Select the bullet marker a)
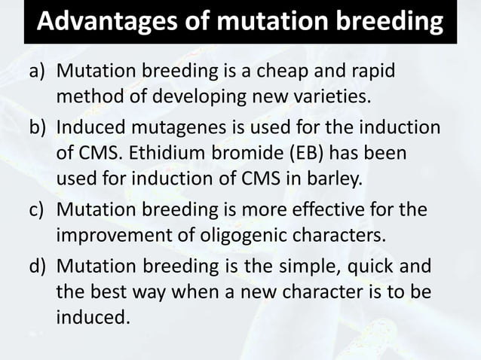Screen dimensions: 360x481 [x=39, y=72]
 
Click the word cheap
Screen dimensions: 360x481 [x=296, y=72]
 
